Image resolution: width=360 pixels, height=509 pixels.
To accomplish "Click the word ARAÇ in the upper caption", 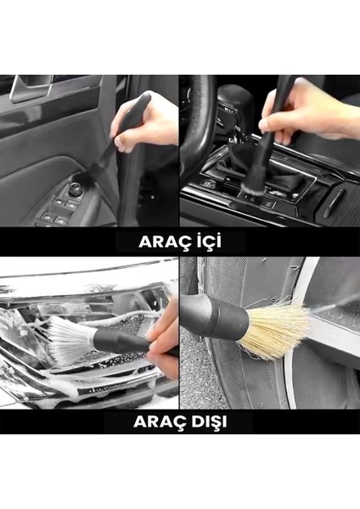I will [162, 241].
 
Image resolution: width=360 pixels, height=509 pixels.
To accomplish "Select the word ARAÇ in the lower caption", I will [158, 420].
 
